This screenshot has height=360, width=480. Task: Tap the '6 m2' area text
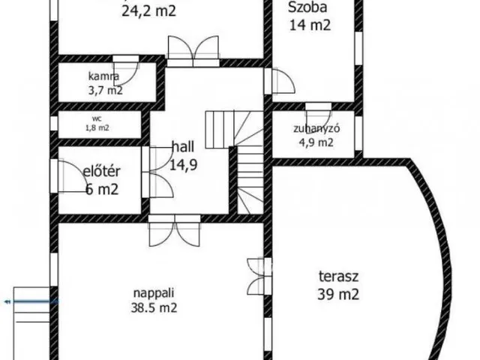pyautogui.click(x=101, y=190)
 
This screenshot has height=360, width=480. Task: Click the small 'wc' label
pyautogui.click(x=97, y=118)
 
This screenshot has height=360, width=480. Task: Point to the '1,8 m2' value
pyautogui.click(x=97, y=127)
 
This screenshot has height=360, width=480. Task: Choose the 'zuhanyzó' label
pyautogui.click(x=316, y=128)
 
